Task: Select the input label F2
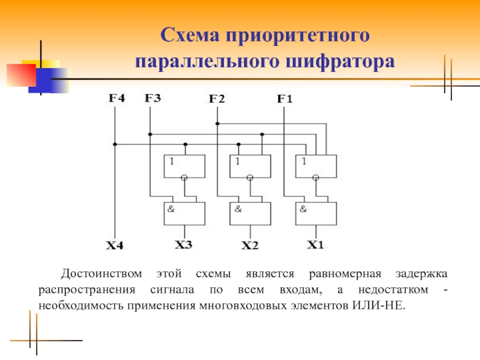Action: (x=217, y=100)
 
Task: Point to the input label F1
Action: (x=284, y=99)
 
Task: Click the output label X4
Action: (x=115, y=245)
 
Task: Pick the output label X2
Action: (x=250, y=245)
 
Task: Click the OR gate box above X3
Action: (x=184, y=166)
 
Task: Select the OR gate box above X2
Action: (x=250, y=166)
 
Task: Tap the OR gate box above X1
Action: (x=316, y=166)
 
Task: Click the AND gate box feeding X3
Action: (x=184, y=213)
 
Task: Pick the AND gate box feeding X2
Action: (x=250, y=213)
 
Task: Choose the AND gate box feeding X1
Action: (x=316, y=213)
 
